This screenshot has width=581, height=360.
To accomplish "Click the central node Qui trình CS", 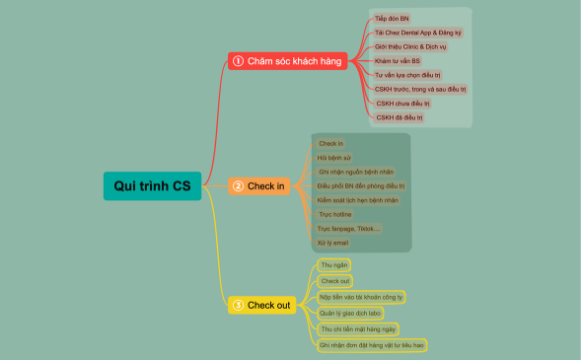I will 153,185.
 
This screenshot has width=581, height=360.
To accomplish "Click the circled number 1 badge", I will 238,61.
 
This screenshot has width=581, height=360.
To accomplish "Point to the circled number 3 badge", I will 238,306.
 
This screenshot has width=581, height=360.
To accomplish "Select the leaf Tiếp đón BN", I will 392,19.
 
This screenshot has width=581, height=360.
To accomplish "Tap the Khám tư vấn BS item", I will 398,60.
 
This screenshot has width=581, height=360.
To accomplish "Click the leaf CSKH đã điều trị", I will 399,117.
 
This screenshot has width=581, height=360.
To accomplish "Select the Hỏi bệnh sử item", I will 333,158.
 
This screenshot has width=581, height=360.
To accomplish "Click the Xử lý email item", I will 332,242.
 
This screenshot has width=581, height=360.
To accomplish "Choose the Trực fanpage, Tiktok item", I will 349,228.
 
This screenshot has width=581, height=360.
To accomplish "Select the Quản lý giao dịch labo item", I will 350,313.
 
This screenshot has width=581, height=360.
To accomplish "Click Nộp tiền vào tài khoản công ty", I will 362,296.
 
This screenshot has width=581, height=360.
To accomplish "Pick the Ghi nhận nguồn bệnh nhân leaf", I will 356,172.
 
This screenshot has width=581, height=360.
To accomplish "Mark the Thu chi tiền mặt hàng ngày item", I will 359,328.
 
